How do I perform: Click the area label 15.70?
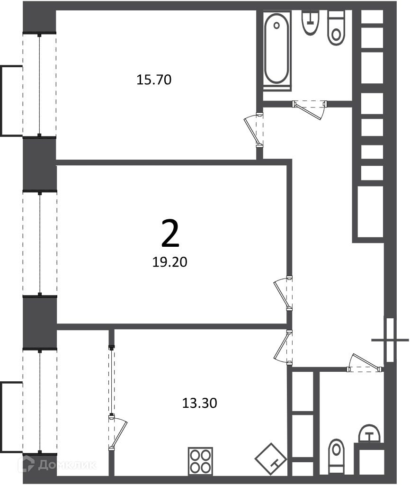154,80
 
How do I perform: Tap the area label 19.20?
170,262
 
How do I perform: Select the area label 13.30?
199,403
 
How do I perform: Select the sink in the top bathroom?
310,23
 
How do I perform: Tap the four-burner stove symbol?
200,461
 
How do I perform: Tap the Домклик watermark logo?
57,464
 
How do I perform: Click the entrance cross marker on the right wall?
390,340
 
